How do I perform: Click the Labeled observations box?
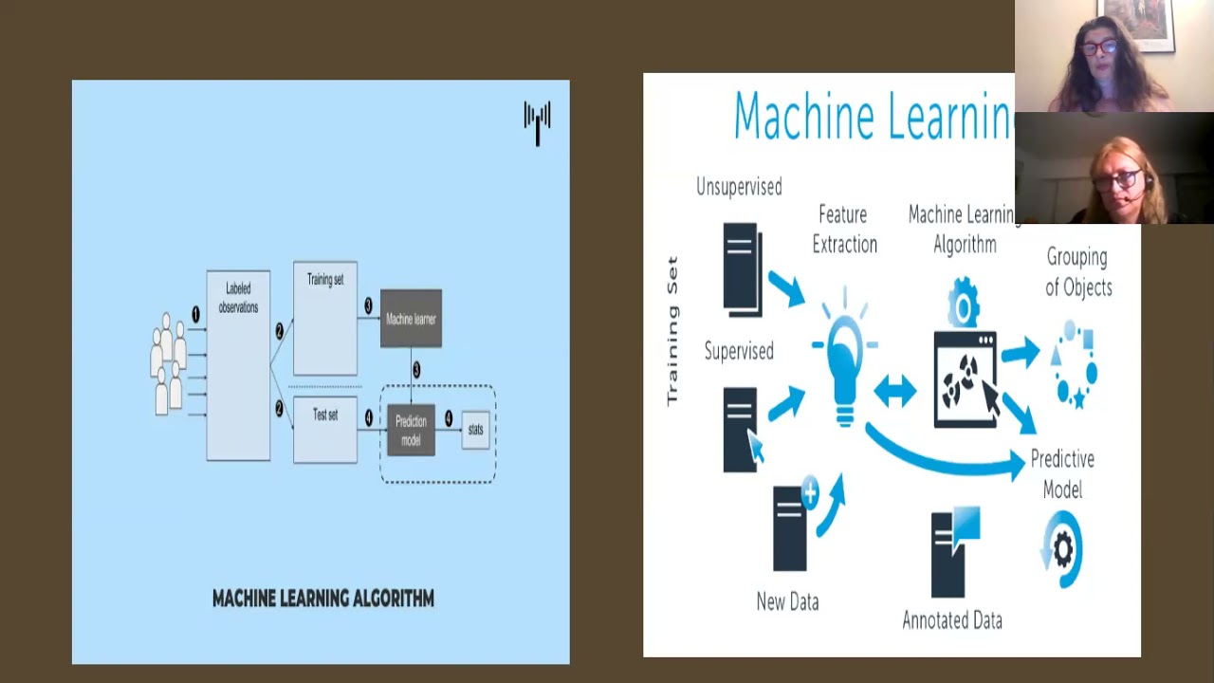tap(238, 365)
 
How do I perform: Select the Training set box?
tap(325, 318)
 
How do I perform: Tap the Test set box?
tap(325, 430)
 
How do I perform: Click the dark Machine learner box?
tap(411, 319)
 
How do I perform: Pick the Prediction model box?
tap(411, 430)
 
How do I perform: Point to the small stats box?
tap(475, 430)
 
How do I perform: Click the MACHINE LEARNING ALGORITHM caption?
tap(323, 599)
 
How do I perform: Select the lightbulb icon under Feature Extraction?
tap(844, 365)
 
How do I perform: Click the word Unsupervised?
tap(739, 187)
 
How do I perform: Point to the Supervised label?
tap(739, 352)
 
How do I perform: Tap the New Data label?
tap(787, 601)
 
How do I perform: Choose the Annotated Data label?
tap(952, 620)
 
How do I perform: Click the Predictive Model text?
tap(1062, 473)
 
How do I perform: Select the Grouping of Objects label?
tap(1077, 271)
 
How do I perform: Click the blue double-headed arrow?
tap(894, 391)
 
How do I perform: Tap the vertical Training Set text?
tap(672, 330)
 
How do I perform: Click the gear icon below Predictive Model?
tap(1063, 549)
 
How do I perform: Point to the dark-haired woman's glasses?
tap(1098, 47)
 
